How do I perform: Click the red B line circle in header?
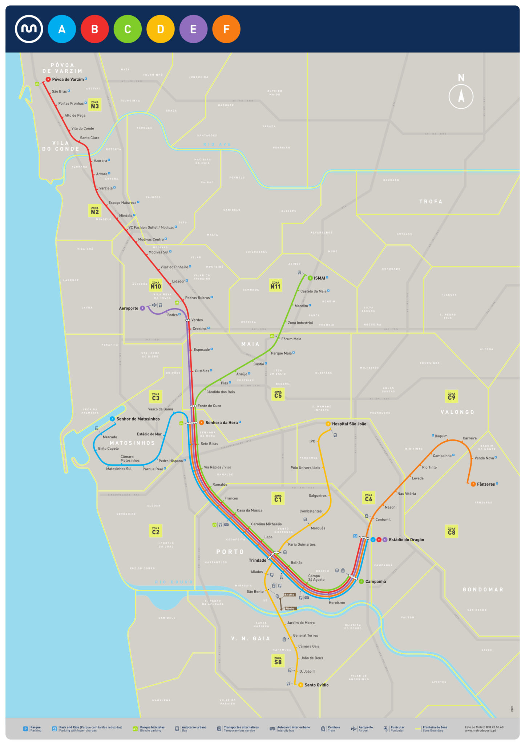[x=94, y=29]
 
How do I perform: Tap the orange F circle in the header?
[x=226, y=29]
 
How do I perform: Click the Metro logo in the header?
[x=29, y=29]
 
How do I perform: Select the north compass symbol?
[x=461, y=96]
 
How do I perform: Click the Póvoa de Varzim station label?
[x=68, y=79]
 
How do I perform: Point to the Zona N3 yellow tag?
[x=95, y=105]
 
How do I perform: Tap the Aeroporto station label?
[x=129, y=308]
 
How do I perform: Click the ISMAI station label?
[x=319, y=278]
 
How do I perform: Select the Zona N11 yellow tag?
[x=275, y=285]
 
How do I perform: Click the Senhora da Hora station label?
[x=221, y=422]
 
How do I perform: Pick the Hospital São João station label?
[x=349, y=424]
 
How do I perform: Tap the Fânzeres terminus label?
[x=485, y=484]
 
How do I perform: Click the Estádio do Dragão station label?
[x=406, y=539]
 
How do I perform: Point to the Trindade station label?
[x=257, y=560]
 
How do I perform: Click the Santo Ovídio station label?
[x=316, y=685]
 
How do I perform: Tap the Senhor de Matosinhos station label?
[x=138, y=419]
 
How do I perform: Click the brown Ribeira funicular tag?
[x=290, y=609]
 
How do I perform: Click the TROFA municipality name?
[x=431, y=202]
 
